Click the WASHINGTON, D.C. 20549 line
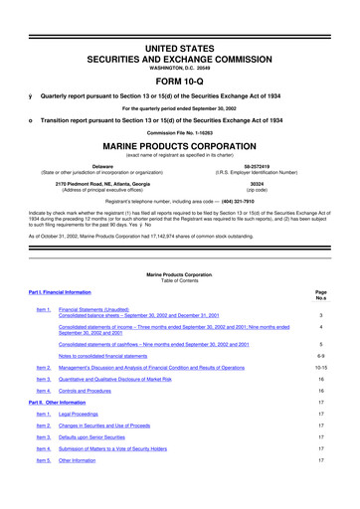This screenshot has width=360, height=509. [x=180, y=37]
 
